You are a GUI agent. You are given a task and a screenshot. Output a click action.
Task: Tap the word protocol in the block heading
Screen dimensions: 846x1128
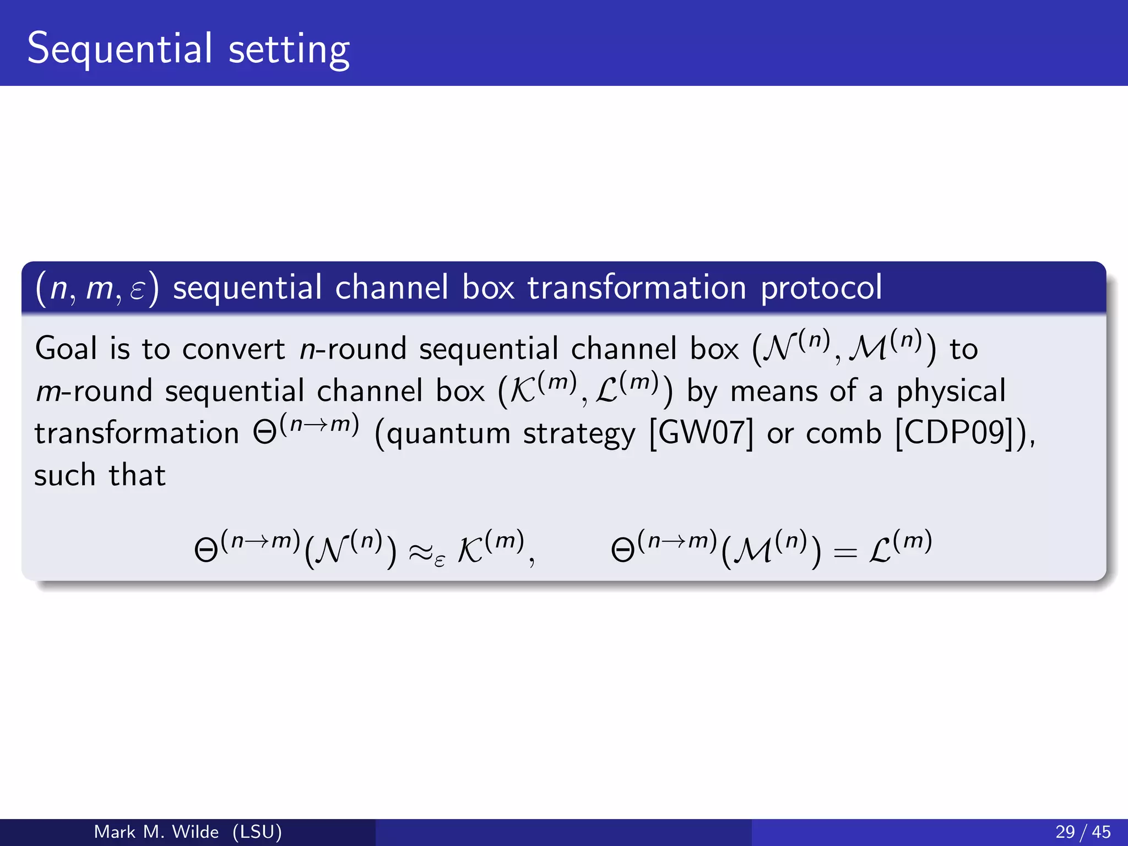coord(821,288)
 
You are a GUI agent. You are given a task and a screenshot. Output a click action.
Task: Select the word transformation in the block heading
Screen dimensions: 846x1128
coord(637,288)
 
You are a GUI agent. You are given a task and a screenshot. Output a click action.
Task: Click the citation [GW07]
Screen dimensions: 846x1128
coord(701,433)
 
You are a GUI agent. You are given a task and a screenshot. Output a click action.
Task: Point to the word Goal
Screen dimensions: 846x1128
coord(66,349)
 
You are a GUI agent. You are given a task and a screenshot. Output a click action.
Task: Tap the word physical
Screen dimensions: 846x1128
coord(951,392)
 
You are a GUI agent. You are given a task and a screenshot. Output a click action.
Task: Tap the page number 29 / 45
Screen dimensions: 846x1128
coord(1083,832)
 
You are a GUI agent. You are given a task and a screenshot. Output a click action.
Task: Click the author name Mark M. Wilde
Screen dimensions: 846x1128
coord(156,832)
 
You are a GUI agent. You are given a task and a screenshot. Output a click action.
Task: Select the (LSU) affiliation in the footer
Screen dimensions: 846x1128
coord(257,832)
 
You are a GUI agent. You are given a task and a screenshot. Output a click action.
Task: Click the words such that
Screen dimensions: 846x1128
coord(100,475)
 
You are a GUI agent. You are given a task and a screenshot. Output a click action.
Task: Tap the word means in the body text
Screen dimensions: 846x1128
coord(773,392)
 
